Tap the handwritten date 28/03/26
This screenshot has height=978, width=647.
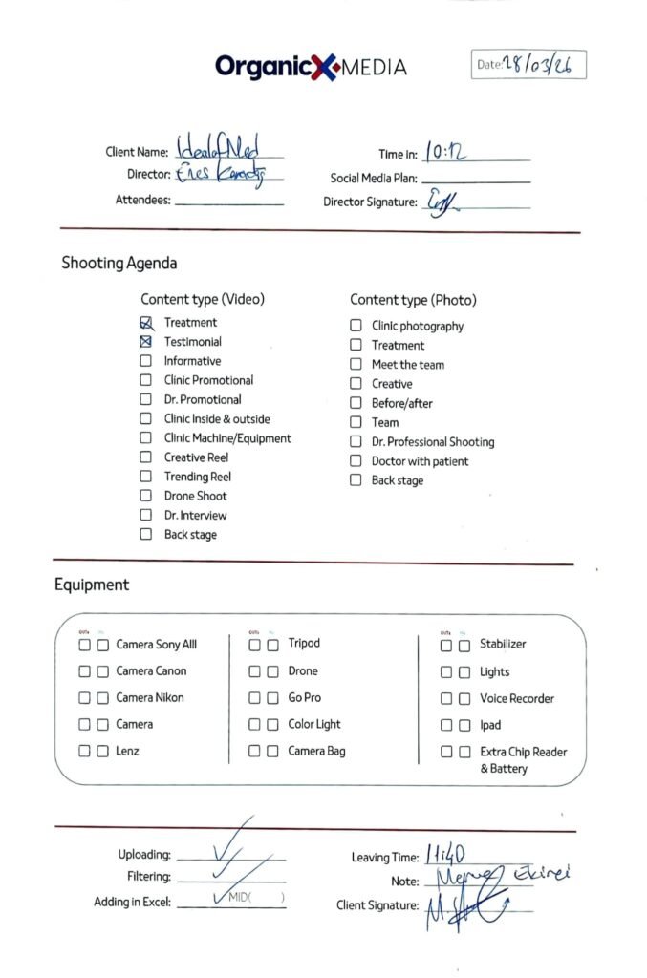(542, 65)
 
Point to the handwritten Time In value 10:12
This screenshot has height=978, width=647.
(446, 152)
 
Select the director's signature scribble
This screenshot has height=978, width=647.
(440, 202)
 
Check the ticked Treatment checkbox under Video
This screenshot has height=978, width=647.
(146, 323)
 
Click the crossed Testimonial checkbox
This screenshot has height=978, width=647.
(146, 342)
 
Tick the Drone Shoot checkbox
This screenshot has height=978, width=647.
(146, 496)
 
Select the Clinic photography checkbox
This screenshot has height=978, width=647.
(356, 326)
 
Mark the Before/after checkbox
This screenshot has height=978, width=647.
(356, 403)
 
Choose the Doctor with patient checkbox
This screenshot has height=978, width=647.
(356, 461)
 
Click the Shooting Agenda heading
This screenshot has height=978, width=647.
(119, 263)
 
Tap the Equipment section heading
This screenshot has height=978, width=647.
(91, 585)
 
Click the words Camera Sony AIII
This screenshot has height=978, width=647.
(156, 645)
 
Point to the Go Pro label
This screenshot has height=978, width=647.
(305, 698)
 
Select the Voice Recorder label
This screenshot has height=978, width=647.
(517, 699)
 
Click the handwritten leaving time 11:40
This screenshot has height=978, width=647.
(445, 856)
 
